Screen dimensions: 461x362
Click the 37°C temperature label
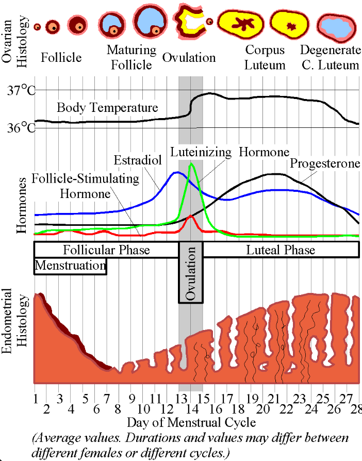21,91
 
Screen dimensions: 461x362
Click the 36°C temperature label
21,127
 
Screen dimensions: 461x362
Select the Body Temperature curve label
107,108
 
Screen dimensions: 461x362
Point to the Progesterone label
324,163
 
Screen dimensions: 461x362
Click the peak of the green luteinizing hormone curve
191,164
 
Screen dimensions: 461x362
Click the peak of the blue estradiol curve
177,173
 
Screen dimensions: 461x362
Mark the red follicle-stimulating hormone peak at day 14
191,216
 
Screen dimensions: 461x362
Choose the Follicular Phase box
106,250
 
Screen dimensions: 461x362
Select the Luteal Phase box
281,250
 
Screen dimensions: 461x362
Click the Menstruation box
70,266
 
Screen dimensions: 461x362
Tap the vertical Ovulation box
191,273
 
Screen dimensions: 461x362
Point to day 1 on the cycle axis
36,399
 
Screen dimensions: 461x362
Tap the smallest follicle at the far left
37,27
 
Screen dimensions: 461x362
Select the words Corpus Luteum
265,58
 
